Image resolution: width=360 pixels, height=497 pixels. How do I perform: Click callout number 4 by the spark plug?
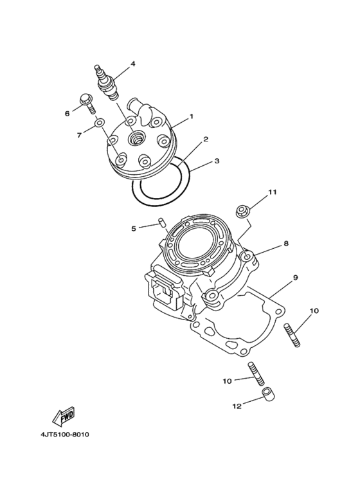click(x=132, y=64)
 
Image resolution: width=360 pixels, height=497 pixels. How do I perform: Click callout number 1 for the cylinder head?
click(x=191, y=118)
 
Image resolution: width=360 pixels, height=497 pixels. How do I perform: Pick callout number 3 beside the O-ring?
click(x=217, y=160)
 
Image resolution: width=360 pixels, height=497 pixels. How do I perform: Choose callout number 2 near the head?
click(x=206, y=139)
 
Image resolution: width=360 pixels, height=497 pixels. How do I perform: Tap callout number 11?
click(x=273, y=192)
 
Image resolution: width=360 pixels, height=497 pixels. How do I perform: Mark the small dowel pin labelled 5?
click(x=161, y=223)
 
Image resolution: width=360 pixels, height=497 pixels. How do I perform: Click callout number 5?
click(x=134, y=228)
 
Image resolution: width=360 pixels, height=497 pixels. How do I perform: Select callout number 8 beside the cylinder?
click(x=286, y=244)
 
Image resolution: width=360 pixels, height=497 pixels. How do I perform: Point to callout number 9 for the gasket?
click(x=295, y=278)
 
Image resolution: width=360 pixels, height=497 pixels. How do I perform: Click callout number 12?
click(x=237, y=406)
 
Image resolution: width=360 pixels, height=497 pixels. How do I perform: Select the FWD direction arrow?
click(x=64, y=419)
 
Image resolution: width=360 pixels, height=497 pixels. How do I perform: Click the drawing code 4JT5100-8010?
click(x=64, y=435)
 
